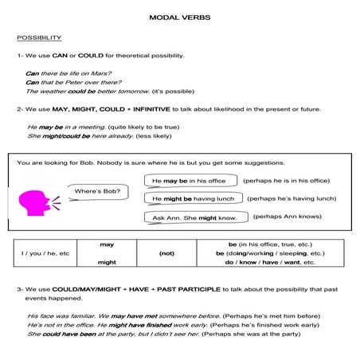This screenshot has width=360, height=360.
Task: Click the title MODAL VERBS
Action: click(179, 17)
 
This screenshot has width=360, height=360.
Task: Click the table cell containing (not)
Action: click(167, 252)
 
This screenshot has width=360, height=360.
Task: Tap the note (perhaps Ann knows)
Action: click(288, 217)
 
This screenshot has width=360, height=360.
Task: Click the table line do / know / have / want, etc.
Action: click(271, 261)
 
